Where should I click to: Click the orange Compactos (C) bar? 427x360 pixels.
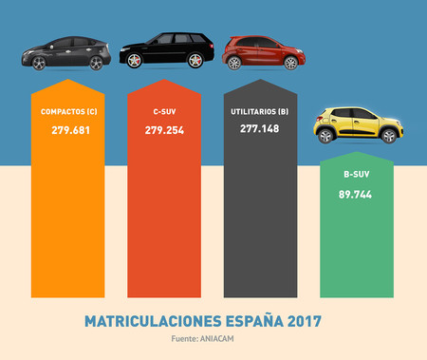coord(65,218)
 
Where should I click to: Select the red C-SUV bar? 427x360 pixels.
coord(162,218)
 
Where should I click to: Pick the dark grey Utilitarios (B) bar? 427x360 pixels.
coord(259,218)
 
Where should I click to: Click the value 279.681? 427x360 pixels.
coord(65,129)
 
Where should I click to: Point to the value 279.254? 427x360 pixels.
coord(162,129)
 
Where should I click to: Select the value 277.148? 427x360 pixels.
coord(259,128)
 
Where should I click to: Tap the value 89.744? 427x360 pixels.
coord(358,194)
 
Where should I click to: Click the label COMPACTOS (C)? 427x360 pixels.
coord(65,112)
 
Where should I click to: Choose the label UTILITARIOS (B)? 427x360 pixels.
coord(259,111)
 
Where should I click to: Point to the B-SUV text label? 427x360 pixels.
coord(358,176)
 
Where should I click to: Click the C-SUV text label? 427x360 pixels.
coord(162,112)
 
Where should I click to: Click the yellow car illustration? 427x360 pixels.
coord(359,124)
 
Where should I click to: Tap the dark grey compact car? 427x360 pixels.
coord(65,51)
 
